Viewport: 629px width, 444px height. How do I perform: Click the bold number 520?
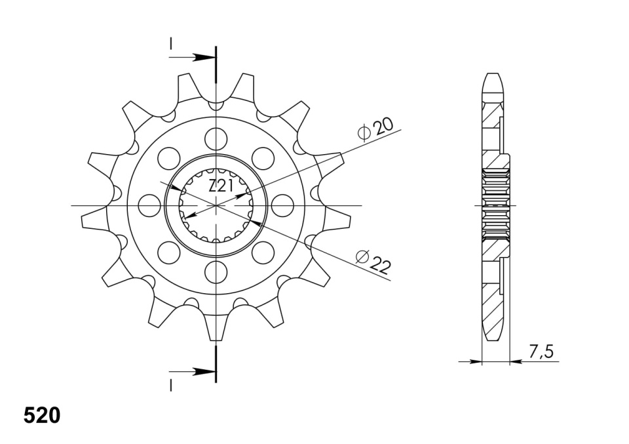[x=42, y=416]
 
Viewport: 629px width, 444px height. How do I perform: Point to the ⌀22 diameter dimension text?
[x=373, y=261]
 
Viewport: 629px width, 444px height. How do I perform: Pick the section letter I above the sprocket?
[x=171, y=44]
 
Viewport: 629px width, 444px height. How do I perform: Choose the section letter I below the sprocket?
[x=171, y=386]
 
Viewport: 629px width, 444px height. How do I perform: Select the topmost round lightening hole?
[x=216, y=138]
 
